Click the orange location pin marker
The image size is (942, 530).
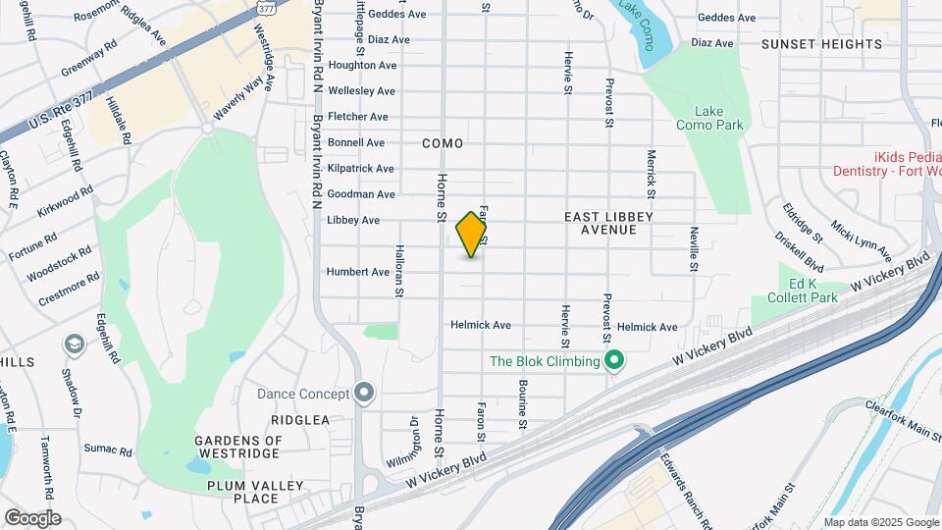[x=472, y=234]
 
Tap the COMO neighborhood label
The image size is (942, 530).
[x=443, y=143]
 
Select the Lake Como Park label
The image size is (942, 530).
[x=709, y=118]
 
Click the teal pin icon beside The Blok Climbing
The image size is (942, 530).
[x=614, y=361]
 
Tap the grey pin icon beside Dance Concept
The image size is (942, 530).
[x=364, y=394]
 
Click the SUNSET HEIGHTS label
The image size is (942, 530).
[x=821, y=44]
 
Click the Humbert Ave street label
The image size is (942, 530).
[x=358, y=272]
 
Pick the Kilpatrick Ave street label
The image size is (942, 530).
[x=361, y=169]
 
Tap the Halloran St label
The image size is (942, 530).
[x=399, y=272]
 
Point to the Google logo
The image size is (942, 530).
[x=32, y=518]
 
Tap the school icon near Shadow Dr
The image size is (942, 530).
[x=75, y=344]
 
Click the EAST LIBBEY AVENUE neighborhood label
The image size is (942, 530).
[x=608, y=223]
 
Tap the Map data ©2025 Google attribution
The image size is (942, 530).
[x=880, y=522]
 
